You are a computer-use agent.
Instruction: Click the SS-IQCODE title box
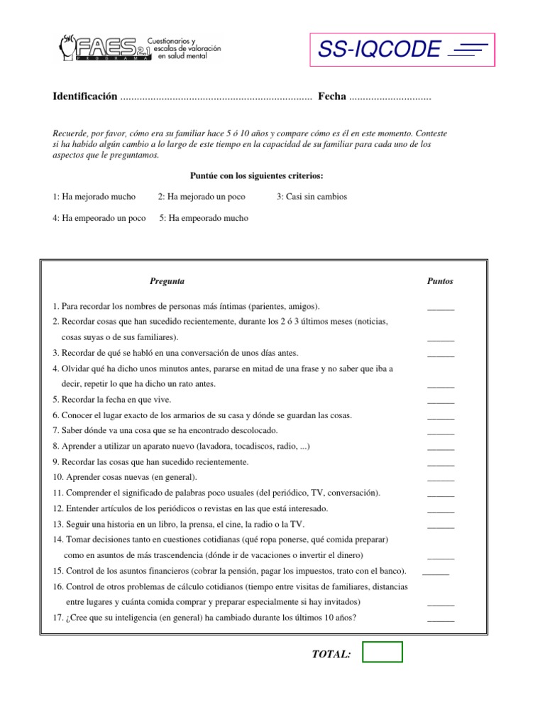point(402,50)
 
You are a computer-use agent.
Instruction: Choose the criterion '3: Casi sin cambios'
point(312,197)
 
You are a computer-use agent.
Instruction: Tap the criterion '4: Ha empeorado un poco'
point(99,218)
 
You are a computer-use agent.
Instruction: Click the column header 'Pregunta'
point(167,281)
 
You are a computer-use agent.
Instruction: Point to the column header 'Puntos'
point(440,281)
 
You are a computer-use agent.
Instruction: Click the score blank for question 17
point(441,620)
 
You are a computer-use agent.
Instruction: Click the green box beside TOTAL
point(382,652)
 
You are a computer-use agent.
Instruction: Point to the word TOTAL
point(331,653)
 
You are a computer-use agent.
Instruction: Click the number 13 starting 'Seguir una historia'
point(57,524)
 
